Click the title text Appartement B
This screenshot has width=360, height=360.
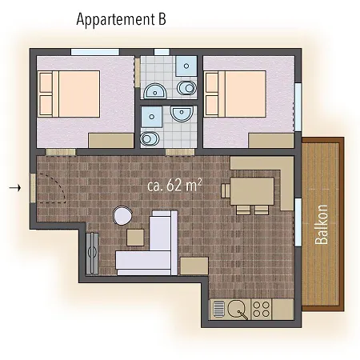coord(122,19)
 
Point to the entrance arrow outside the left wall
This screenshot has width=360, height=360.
coord(13,188)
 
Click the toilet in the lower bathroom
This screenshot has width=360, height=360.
coord(149,139)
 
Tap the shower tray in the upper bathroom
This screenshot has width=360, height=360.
coord(184,64)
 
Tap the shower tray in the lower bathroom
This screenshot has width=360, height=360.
coord(150,118)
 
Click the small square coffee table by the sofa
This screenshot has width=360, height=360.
coord(135,238)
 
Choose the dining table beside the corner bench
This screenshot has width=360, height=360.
coord(253,191)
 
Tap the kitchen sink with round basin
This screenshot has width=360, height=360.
coord(237,307)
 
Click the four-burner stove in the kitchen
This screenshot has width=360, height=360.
coord(263,307)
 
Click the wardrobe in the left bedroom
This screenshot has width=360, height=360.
coord(110,141)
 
